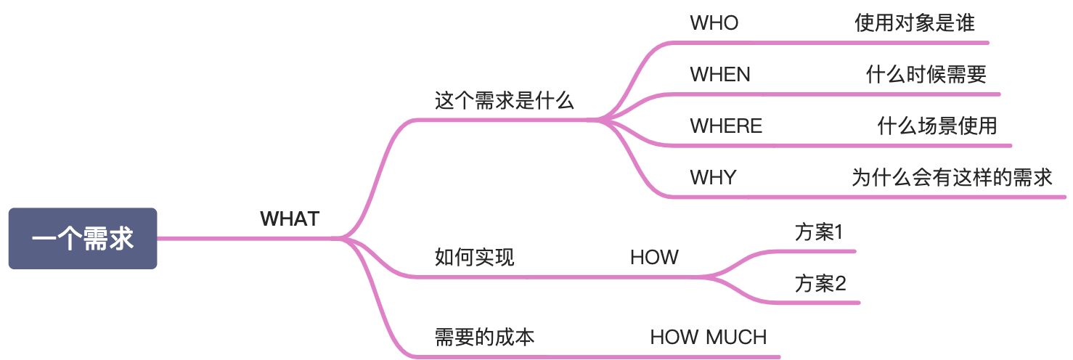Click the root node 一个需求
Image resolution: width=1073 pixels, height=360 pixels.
point(83,239)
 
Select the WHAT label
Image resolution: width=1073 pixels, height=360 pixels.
point(290,218)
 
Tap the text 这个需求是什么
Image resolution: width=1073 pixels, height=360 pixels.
point(504,101)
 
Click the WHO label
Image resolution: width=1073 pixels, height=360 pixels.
point(714,23)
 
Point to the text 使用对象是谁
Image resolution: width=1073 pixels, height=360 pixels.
point(914,23)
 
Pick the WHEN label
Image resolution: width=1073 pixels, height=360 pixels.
point(720,74)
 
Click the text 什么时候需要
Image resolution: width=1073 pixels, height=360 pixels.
point(926,74)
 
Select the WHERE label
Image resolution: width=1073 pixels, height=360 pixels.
point(726,126)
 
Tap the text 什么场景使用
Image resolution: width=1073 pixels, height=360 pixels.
point(937,126)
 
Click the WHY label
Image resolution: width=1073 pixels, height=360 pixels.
point(713,177)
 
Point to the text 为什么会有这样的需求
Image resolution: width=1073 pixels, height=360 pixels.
point(952,177)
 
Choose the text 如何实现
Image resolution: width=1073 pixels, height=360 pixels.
point(474,257)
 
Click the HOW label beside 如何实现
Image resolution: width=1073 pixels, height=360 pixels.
point(654,257)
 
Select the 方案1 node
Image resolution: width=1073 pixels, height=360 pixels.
point(819,233)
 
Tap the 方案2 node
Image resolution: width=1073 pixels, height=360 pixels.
point(820,283)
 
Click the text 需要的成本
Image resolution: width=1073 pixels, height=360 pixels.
point(485,337)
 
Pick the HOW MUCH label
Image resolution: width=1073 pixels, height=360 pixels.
point(708,337)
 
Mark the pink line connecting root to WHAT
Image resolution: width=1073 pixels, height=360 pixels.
point(247,238)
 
